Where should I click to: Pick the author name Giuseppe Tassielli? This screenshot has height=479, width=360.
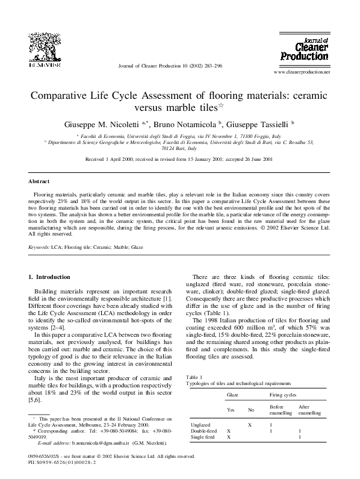click(x=259, y=124)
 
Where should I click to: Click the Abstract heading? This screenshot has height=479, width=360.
click(x=39, y=181)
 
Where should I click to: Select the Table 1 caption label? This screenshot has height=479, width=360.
click(x=194, y=377)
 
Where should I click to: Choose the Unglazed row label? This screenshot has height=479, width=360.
click(x=200, y=425)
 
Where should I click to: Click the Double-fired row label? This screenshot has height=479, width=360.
click(x=203, y=431)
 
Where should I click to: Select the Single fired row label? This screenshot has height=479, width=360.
click(x=202, y=437)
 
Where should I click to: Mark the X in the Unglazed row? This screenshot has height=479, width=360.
click(x=250, y=425)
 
